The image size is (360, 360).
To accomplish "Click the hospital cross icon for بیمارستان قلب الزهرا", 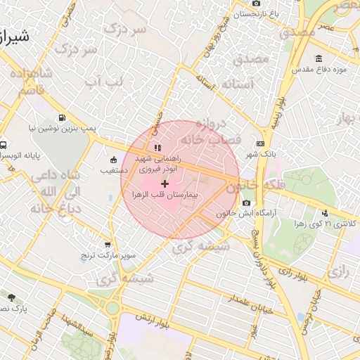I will [x=165, y=184].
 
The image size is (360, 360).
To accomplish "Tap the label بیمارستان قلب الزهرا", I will [x=186, y=192].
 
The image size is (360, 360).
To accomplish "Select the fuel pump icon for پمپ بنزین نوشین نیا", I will [x=63, y=118].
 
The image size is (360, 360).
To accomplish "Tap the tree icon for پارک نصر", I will [x=11, y=297].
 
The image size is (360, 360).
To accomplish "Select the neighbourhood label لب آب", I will [x=107, y=82].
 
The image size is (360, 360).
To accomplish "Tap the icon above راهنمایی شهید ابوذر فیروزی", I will [x=157, y=148].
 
